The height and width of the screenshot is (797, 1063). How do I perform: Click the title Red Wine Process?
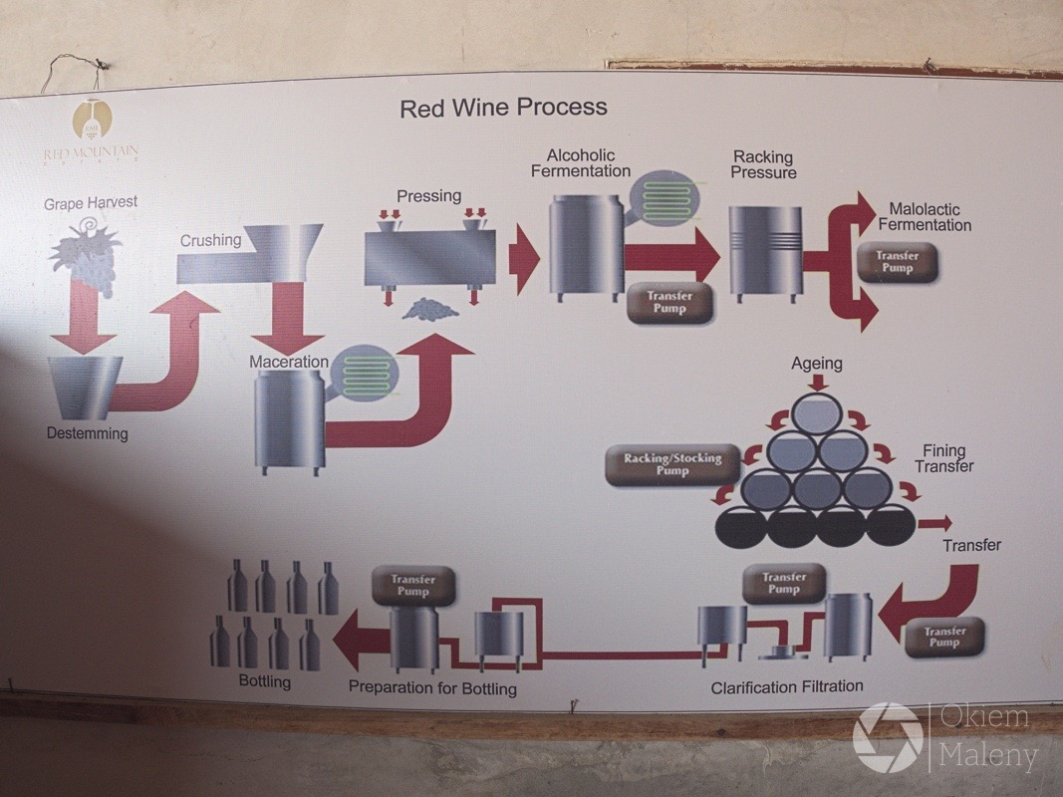coord(503,108)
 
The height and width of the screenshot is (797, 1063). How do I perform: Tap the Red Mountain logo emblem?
coord(92,121)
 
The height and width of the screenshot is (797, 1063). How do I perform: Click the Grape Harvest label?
coord(91,203)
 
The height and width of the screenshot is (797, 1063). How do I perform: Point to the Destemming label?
coord(88,433)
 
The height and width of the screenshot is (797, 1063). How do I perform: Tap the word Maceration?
coord(289,362)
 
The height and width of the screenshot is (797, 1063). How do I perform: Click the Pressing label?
coord(428,196)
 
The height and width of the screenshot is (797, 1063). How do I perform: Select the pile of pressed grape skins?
coord(429,310)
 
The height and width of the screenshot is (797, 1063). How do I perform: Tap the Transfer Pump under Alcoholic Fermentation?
coord(668,303)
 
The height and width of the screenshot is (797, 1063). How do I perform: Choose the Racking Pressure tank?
coord(765,249)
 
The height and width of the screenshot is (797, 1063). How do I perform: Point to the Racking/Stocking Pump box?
coord(672,464)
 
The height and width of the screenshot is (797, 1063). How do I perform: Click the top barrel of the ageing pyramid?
coord(817,412)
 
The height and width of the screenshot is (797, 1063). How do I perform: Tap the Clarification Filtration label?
coord(787,686)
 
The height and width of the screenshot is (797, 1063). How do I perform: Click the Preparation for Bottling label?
coord(432,688)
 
